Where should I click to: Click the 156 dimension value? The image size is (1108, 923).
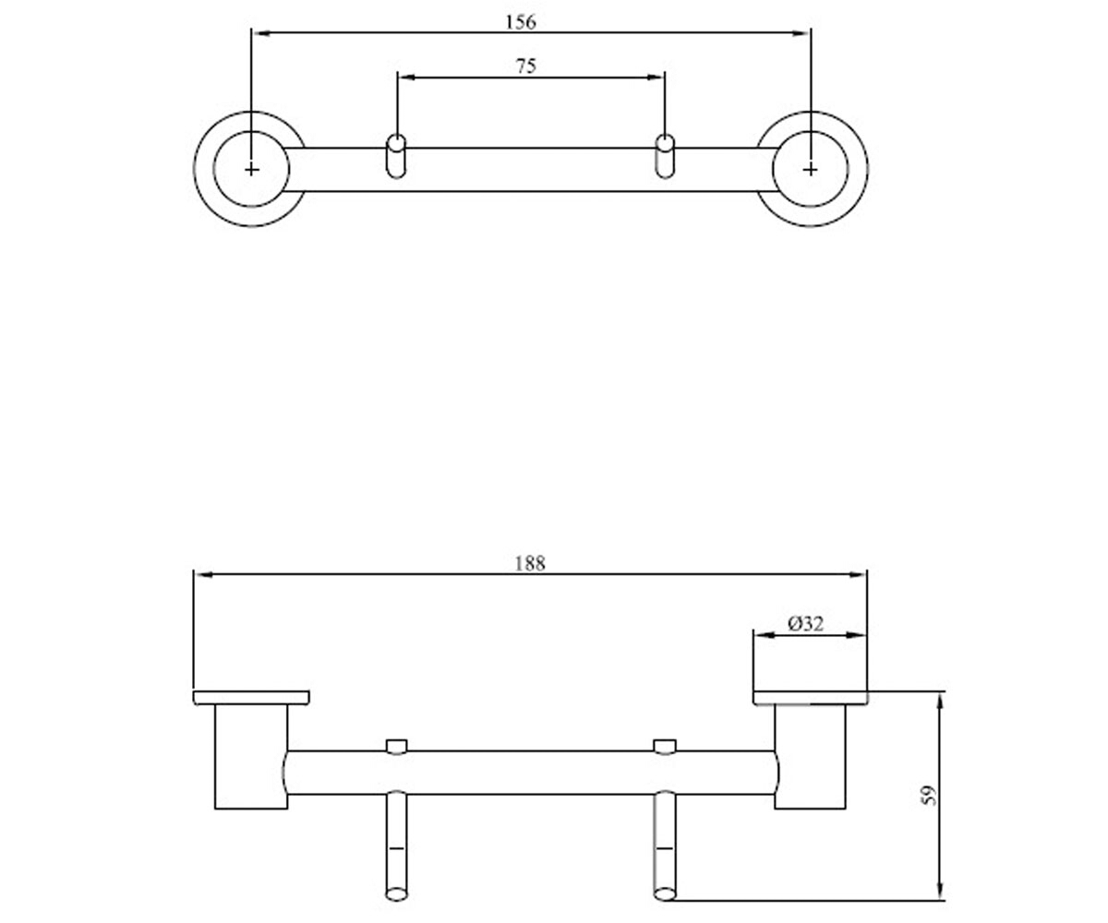pyautogui.click(x=521, y=22)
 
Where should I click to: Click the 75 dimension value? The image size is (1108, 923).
pyautogui.click(x=526, y=66)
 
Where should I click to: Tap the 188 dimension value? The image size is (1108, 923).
pyautogui.click(x=530, y=563)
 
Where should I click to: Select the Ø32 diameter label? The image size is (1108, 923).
pyautogui.click(x=805, y=624)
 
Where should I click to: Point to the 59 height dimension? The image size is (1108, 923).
pyautogui.click(x=929, y=796)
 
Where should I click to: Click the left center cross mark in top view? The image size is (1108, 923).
pyautogui.click(x=251, y=170)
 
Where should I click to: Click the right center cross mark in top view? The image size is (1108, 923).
pyautogui.click(x=810, y=170)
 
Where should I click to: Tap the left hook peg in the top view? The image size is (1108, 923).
pyautogui.click(x=396, y=156)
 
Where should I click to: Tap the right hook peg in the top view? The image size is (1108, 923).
pyautogui.click(x=665, y=156)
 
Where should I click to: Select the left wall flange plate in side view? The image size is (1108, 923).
pyautogui.click(x=251, y=698)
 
